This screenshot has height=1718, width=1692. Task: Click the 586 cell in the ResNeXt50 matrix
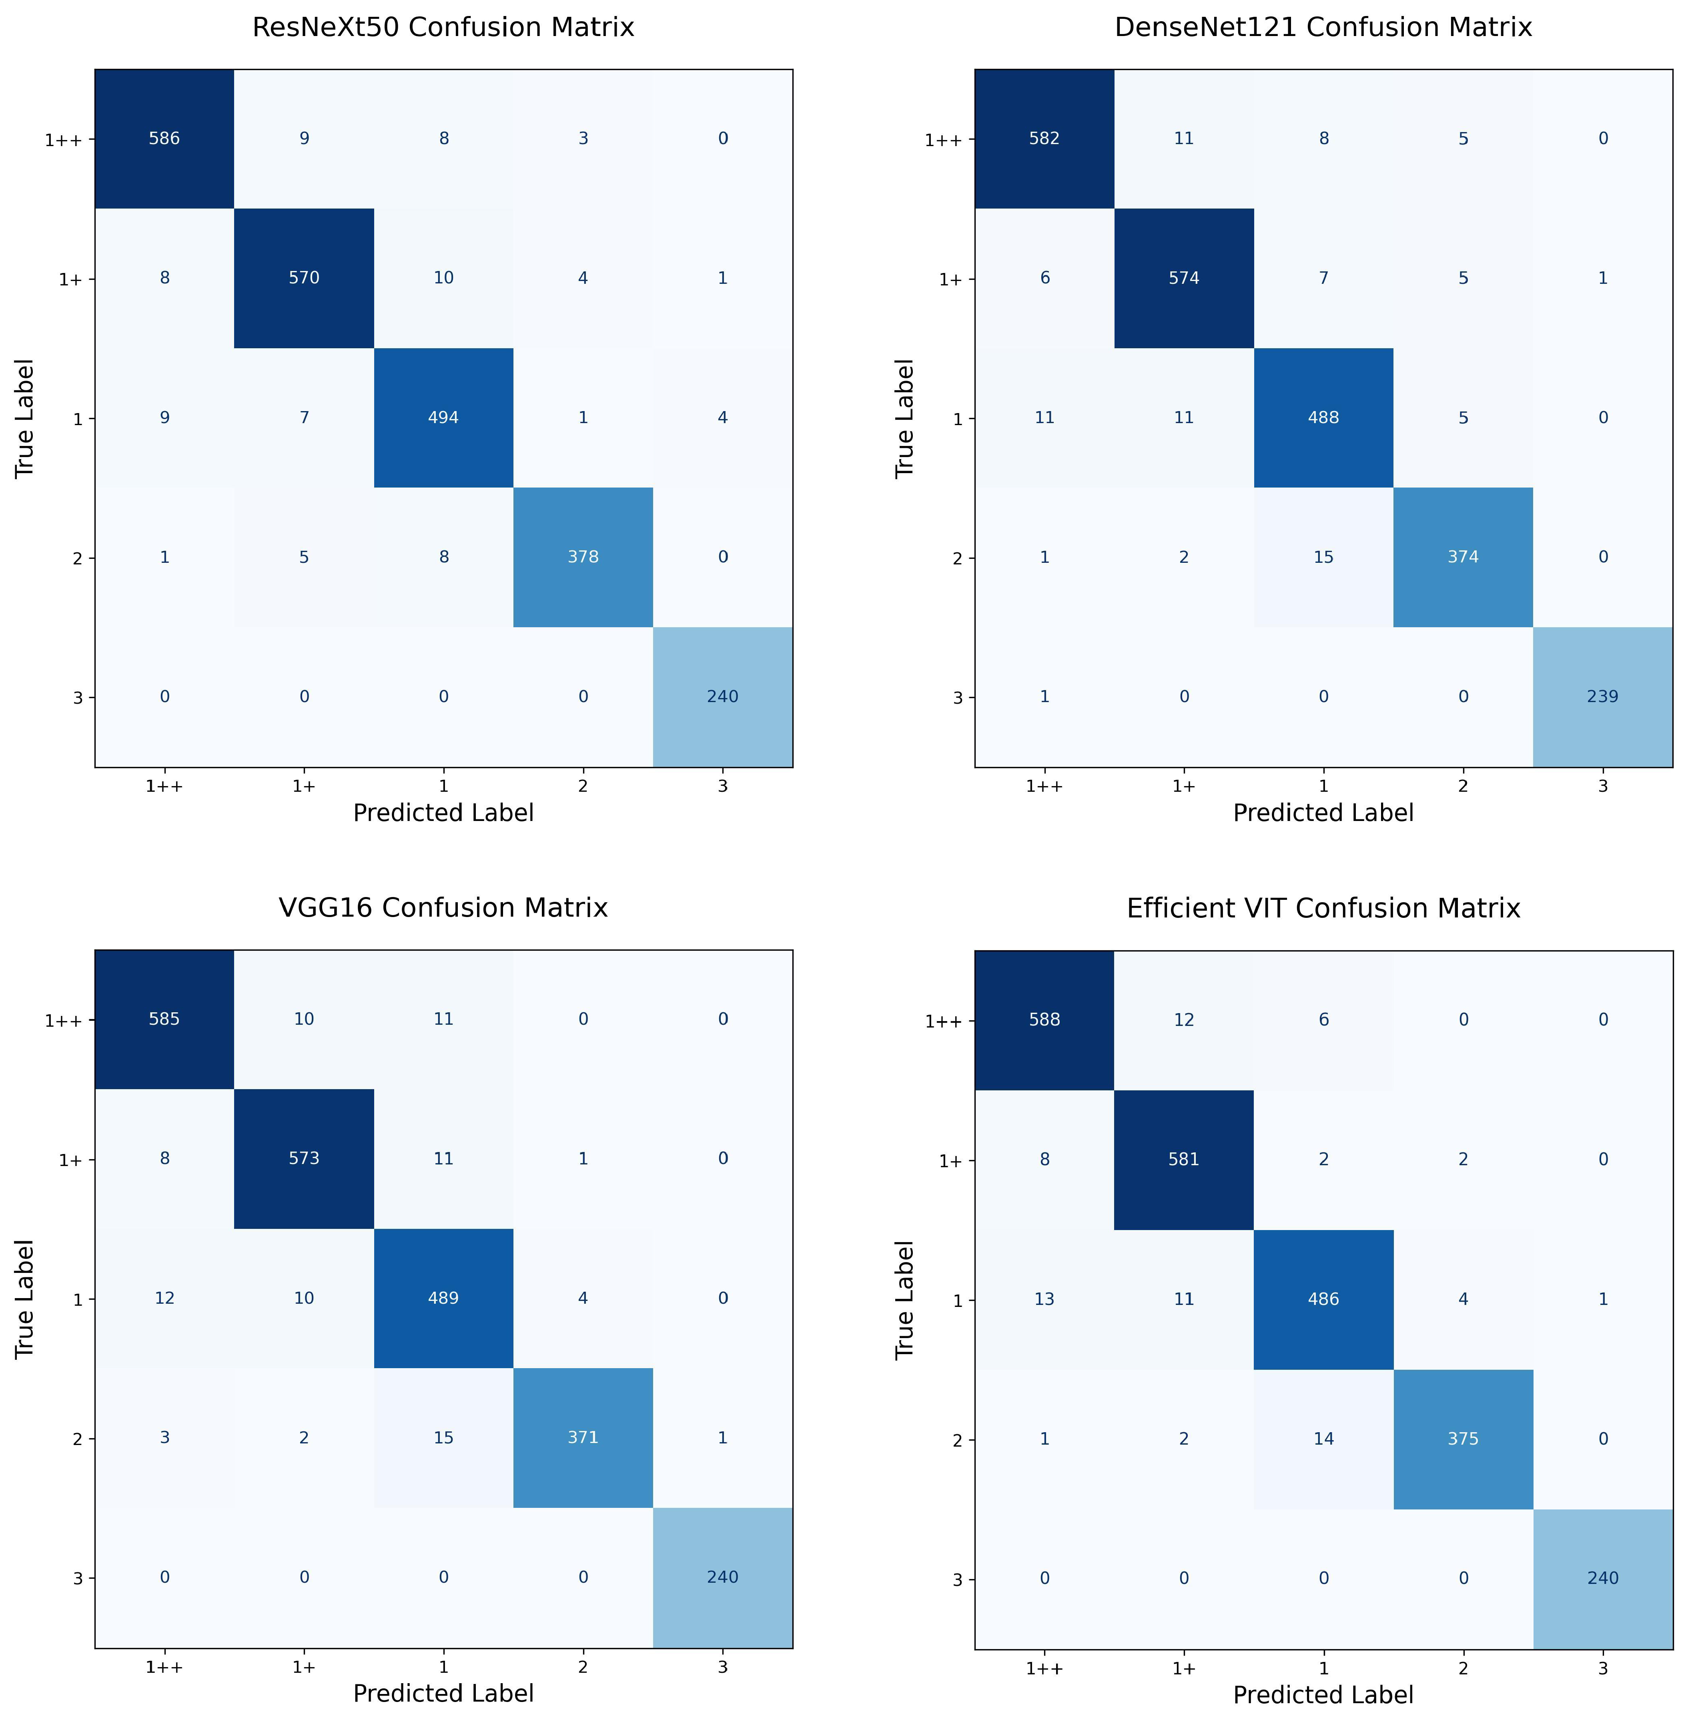(x=164, y=138)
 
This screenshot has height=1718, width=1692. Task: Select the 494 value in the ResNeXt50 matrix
(x=443, y=418)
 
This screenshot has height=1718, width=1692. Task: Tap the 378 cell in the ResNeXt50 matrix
(x=583, y=557)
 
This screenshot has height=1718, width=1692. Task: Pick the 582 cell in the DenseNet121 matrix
(x=1044, y=138)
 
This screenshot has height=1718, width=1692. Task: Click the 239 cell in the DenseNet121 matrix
(x=1602, y=697)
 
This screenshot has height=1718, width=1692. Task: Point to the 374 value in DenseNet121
(x=1463, y=557)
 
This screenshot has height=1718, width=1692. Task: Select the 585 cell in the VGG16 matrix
(x=164, y=1020)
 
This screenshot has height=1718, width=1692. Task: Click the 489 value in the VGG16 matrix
(x=443, y=1299)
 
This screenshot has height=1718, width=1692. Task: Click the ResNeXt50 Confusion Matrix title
(x=443, y=28)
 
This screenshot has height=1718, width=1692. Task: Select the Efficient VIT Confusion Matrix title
(x=1323, y=908)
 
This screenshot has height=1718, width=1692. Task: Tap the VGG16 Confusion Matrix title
(x=443, y=908)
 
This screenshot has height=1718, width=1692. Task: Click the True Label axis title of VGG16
(x=25, y=1299)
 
